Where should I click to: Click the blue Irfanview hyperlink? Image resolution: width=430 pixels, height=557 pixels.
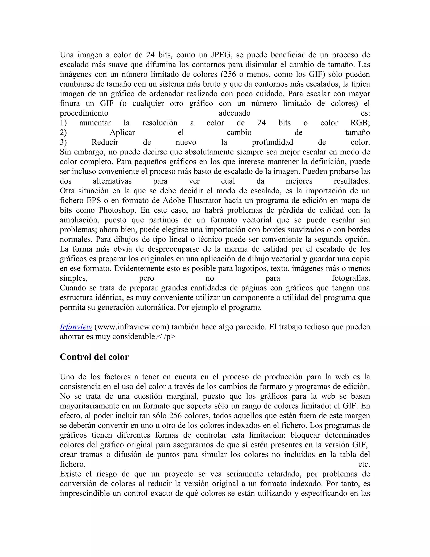coord(76,327)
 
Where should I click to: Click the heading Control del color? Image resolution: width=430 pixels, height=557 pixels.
coord(94,357)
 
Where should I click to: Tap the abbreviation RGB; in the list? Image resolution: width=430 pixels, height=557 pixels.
coord(360,123)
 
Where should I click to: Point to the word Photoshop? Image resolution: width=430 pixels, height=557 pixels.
coord(116,210)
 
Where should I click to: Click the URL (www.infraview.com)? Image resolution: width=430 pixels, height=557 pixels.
coord(132,327)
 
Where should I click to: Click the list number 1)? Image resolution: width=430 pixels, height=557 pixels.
coord(63,123)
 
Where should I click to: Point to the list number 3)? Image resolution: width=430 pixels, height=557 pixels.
coord(63,142)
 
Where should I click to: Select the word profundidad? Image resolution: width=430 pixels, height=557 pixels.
coord(272,142)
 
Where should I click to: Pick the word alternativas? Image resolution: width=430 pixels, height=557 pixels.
coord(112,181)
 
